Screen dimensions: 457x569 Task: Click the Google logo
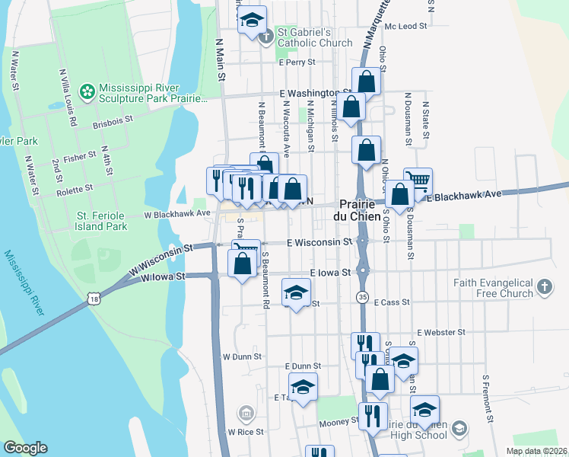click(x=25, y=448)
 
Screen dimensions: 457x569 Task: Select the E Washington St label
click(x=315, y=93)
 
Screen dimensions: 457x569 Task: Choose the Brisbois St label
click(x=113, y=120)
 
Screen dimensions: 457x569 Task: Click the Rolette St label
click(x=75, y=187)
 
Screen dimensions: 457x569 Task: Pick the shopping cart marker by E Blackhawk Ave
click(x=418, y=181)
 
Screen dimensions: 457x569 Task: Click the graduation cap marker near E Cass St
click(x=297, y=292)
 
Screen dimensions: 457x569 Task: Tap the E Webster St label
click(x=441, y=333)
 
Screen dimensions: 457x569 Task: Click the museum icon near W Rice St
click(x=246, y=414)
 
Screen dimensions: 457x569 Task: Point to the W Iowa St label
click(x=164, y=278)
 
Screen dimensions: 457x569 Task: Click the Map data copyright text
click(x=536, y=451)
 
